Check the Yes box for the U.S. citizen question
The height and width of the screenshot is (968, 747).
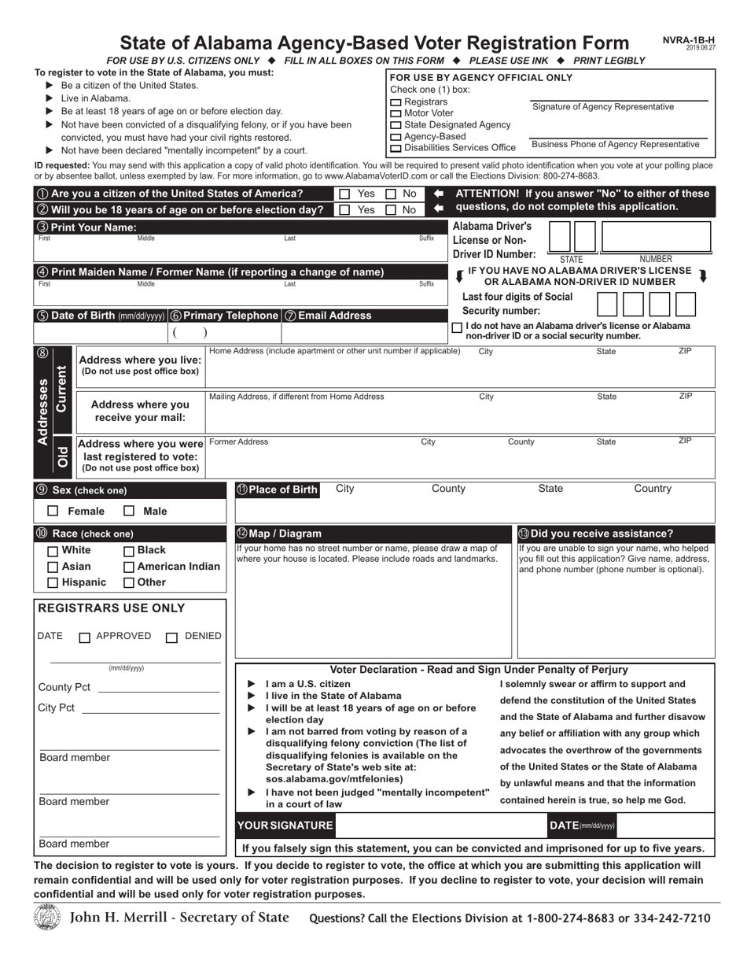point(344,194)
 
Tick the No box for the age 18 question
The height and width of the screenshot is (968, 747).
point(390,209)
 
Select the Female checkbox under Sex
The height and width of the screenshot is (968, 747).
point(53,512)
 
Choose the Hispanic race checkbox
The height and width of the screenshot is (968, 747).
point(53,583)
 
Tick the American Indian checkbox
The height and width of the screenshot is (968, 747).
point(129,567)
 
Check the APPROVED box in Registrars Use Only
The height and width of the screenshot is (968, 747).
point(85,637)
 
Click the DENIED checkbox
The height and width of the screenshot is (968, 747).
point(171,637)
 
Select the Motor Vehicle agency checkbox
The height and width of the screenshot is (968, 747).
point(396,114)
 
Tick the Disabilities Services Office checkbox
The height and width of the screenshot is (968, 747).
point(396,148)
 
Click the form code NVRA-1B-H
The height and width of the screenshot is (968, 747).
point(689,40)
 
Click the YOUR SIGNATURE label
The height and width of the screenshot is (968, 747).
point(285,826)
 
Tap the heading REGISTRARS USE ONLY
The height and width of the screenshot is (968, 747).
point(112,608)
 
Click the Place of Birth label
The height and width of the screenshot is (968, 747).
point(277,490)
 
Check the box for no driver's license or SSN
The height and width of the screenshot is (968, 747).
point(457,327)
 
